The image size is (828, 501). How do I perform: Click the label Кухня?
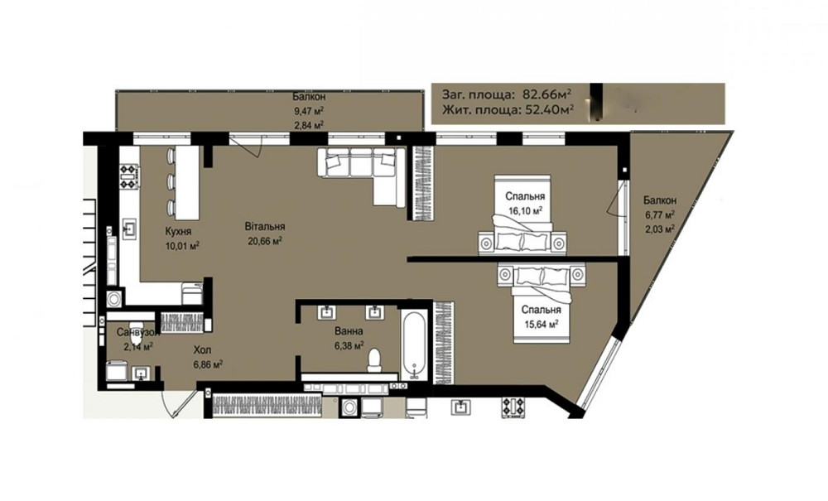[178, 231]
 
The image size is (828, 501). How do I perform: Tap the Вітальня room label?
[265, 226]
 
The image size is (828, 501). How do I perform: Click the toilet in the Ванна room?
[374, 359]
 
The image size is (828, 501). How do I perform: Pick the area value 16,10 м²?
[525, 210]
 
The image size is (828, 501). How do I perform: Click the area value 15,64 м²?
[541, 324]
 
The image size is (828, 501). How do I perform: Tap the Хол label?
[202, 349]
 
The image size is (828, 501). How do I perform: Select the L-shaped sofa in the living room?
[361, 171]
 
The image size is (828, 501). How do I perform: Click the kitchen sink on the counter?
[130, 228]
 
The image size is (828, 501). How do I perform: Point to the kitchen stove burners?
[129, 176]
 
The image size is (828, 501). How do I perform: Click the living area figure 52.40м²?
[549, 110]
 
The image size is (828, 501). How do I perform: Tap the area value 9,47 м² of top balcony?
[309, 111]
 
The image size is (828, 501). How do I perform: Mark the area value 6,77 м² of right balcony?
[659, 214]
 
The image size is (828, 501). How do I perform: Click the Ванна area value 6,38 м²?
[349, 346]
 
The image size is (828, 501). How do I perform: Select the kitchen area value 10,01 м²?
[182, 245]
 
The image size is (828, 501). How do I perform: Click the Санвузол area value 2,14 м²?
[138, 346]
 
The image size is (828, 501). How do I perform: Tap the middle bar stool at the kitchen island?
[170, 181]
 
